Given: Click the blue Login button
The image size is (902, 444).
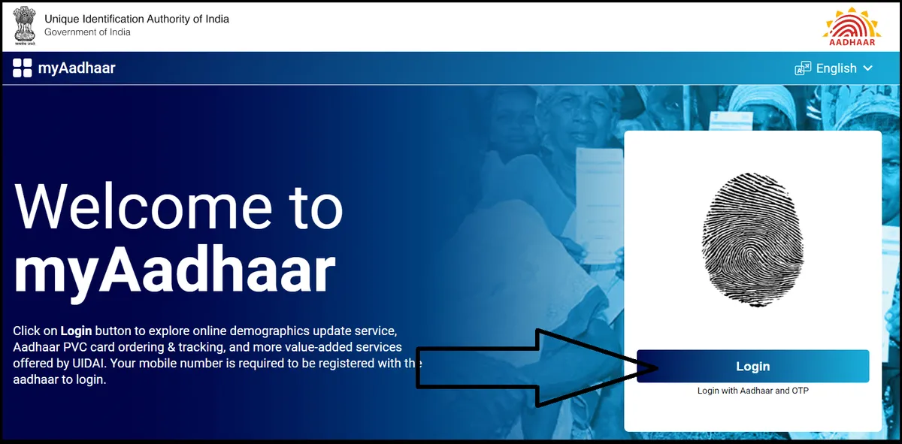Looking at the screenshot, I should (752, 367).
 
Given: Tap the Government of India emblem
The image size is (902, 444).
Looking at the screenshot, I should (23, 26).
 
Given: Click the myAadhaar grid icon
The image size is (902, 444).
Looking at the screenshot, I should (23, 68).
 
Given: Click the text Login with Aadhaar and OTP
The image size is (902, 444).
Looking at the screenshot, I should (752, 391).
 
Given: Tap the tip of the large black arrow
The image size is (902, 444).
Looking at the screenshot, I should (658, 367).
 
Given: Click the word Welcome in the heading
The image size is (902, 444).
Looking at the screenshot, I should (143, 207).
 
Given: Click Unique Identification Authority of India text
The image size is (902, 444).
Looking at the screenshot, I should (137, 19).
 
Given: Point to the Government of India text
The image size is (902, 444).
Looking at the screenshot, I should (87, 32).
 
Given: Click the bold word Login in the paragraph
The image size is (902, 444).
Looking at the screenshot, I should (75, 331).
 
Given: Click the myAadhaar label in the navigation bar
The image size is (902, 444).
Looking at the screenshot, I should (77, 69).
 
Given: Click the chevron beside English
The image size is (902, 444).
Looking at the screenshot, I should (868, 68).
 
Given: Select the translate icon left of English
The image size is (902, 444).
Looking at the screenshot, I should (803, 68).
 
